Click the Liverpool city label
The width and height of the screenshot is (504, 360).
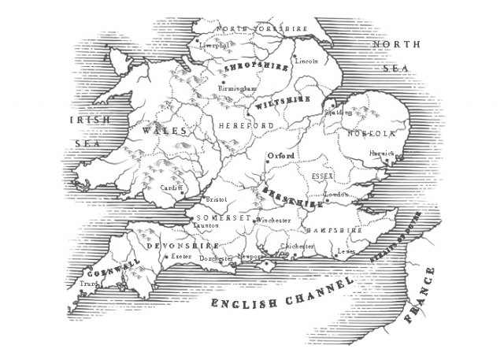click(x=216, y=46)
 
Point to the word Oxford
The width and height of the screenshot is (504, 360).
click(x=281, y=156)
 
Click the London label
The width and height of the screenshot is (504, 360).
click(x=335, y=195)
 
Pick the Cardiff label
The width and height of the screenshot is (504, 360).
click(x=169, y=188)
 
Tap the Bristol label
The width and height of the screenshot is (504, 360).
click(x=215, y=200)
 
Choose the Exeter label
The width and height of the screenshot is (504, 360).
click(x=182, y=256)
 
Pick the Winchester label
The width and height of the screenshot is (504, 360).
click(x=273, y=221)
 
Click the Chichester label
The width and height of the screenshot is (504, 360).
click(x=298, y=246)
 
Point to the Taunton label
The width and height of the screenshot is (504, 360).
click(x=205, y=224)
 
